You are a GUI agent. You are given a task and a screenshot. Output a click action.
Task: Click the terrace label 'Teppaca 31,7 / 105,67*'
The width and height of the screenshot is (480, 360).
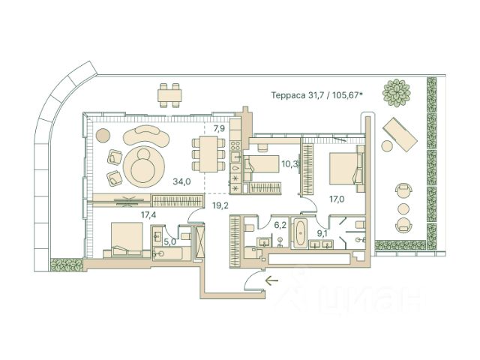click(317, 95)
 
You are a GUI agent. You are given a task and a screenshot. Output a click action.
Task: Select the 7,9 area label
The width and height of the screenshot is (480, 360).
click(219, 129)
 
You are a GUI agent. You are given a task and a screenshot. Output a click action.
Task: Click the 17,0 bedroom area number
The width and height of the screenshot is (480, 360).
click(338, 199)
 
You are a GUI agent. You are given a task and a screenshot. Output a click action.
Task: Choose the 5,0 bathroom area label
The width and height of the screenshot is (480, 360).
click(170, 241)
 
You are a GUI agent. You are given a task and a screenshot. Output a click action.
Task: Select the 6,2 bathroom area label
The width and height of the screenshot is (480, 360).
click(280, 224)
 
